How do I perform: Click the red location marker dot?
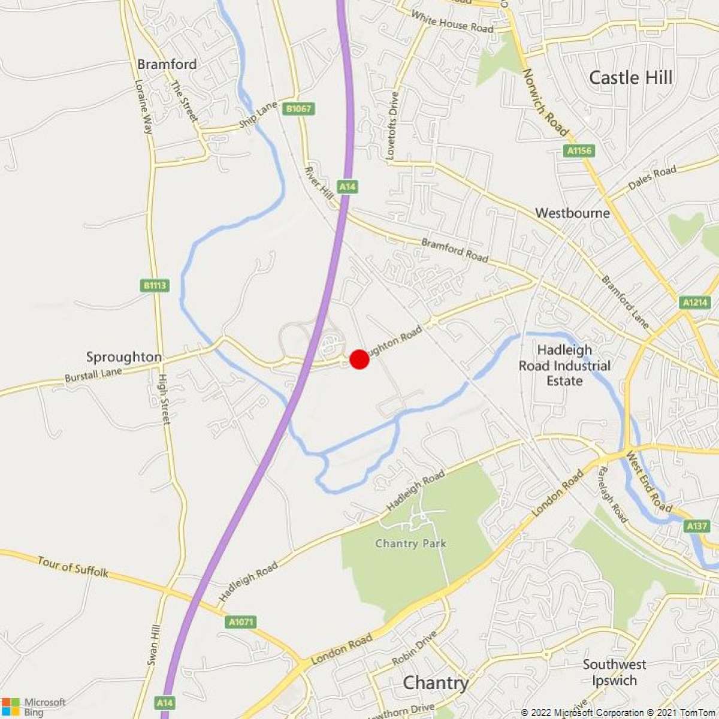pos(359,359)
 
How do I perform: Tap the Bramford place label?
pos(167,64)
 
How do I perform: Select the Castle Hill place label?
pos(630,77)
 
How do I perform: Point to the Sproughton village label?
pos(124,357)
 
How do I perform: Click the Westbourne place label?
pos(572,213)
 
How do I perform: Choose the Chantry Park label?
pos(410,543)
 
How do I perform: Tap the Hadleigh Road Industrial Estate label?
pos(565,365)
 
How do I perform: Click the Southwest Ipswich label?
pos(614,672)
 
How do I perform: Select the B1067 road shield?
pos(298,108)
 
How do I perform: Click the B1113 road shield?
pos(155,285)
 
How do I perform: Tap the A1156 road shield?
pos(579,150)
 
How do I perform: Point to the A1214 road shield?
pos(695,303)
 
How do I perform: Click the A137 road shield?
pos(696,525)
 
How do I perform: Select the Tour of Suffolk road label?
pos(72,566)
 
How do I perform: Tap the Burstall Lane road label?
pos(93,375)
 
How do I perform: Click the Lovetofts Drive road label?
pos(392,125)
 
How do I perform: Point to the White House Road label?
pos(453,23)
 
